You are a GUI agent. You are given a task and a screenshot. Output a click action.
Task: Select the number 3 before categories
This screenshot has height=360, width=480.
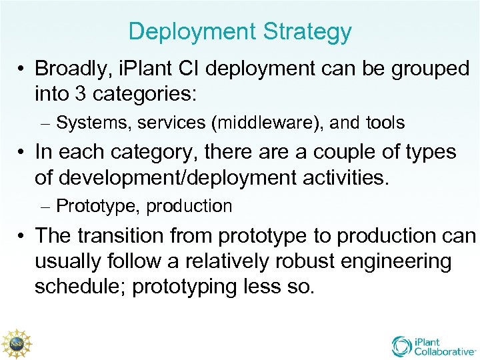point(79,94)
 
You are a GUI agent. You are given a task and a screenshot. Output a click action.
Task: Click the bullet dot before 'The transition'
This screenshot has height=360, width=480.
point(21,236)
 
